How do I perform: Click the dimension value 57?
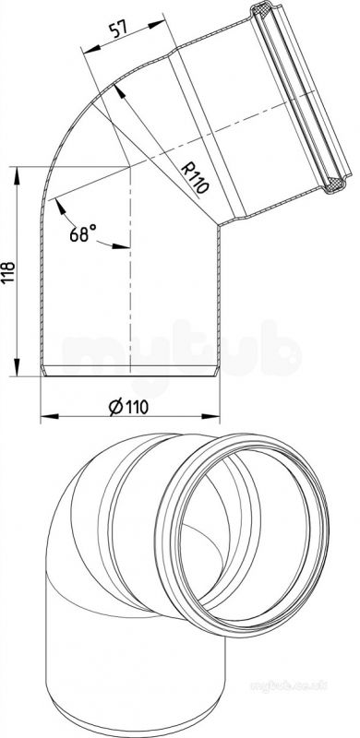119,30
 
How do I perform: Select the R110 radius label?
195,178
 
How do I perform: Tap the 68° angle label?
83,233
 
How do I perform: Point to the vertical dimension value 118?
9,272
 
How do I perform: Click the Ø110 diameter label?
128,406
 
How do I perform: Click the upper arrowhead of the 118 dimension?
17,175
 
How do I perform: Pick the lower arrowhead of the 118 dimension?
17,367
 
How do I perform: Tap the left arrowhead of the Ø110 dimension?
50,417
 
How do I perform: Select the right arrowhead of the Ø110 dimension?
211,416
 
